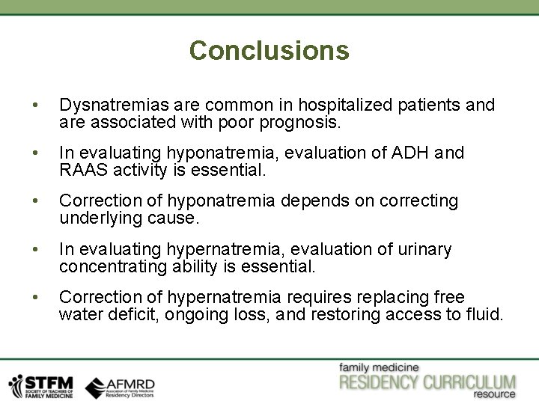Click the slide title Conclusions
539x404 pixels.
pos(269,50)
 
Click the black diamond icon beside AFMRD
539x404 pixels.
pos(95,386)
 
